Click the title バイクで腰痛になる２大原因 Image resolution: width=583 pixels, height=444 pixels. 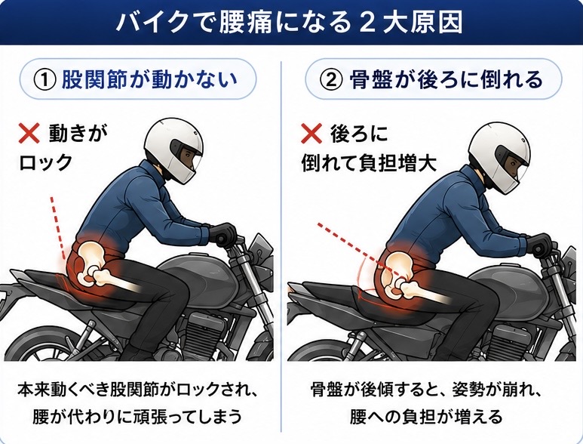pos(290,22)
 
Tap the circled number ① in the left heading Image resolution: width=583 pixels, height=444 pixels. pos(45,80)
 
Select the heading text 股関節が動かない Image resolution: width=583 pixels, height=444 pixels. pos(149,79)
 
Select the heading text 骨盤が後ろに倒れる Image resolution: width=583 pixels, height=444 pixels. pos(446,79)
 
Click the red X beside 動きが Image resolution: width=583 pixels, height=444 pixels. pos(29,133)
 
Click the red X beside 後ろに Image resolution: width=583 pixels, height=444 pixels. pos(311,133)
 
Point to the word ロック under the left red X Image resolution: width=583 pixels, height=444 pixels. pos(45,162)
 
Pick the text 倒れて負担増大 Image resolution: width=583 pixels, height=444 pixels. pos(369,162)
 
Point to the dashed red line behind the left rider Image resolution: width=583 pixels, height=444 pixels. pos(58,228)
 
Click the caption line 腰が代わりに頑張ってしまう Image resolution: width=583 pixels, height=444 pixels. pos(137,416)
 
